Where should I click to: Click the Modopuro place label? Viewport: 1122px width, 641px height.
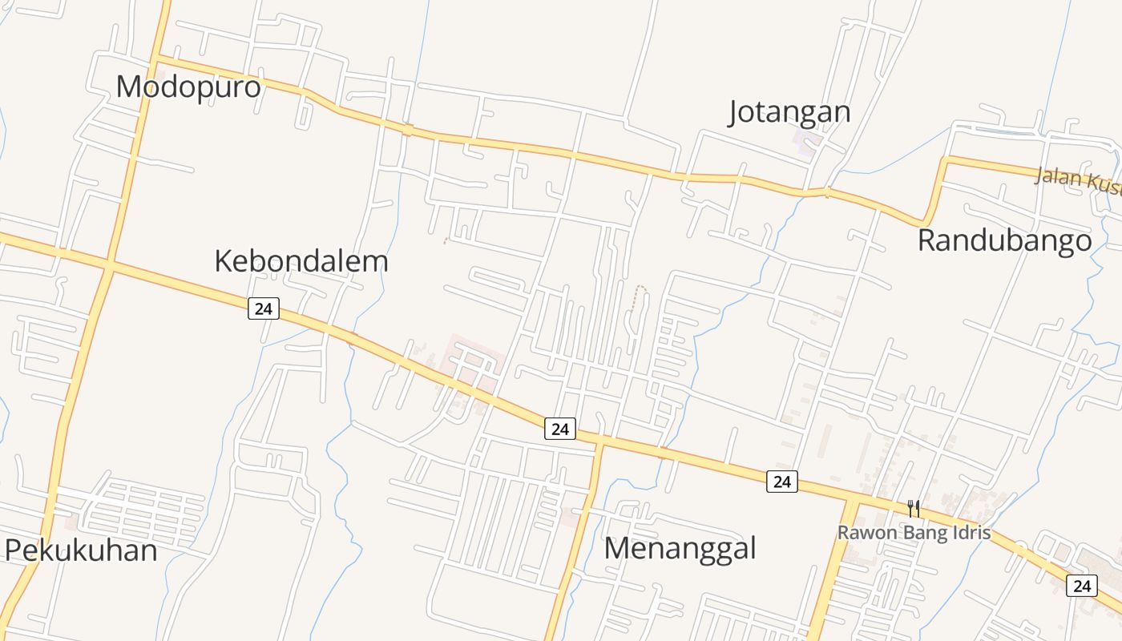coord(188,87)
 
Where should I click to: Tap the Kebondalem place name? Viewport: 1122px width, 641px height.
coord(301,261)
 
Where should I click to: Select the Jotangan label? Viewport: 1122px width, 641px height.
coord(789,112)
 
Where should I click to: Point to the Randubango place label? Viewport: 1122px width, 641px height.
coord(1004,240)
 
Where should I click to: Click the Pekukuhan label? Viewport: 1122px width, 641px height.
coord(81,550)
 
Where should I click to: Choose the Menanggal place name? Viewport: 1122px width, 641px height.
coord(680,549)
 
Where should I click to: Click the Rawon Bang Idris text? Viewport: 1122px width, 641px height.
coord(914,533)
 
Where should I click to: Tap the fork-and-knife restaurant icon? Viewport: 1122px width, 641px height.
coord(913,508)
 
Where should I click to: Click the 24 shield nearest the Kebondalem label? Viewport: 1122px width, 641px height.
coord(263,308)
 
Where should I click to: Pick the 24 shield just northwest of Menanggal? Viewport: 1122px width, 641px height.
coord(560,429)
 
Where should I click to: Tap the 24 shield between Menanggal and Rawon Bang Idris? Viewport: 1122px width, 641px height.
coord(782,481)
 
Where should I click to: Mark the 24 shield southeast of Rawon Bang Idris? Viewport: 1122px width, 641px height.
coord(1081,586)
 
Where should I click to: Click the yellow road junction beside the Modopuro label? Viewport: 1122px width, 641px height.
coord(155,59)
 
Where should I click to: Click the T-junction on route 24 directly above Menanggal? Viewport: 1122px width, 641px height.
coord(599,442)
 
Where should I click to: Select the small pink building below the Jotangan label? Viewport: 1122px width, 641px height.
coord(806,143)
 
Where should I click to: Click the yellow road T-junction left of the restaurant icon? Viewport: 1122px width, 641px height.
coord(851,499)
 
